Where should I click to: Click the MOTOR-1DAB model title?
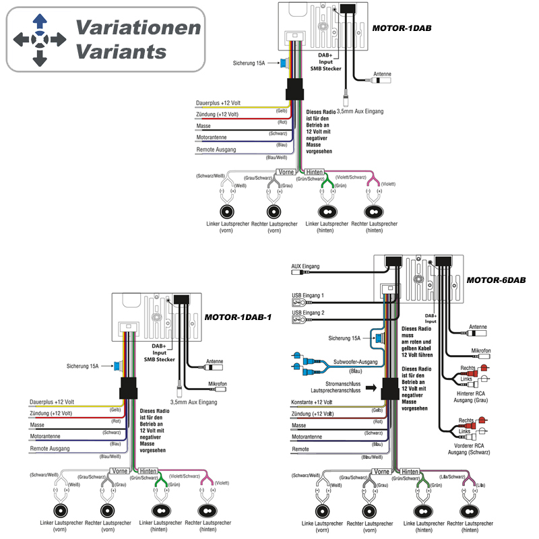tap(402, 28)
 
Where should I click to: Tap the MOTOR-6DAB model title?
tap(497, 280)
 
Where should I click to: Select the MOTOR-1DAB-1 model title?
tap(238, 317)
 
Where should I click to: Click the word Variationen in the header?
tap(137, 28)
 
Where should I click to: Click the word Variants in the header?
tap(121, 51)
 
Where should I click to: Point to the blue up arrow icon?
tap(39, 20)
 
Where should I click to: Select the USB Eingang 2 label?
tap(308, 313)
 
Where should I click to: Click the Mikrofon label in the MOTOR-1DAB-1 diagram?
tap(216, 383)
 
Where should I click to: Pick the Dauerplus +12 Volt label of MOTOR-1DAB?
tap(218, 103)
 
